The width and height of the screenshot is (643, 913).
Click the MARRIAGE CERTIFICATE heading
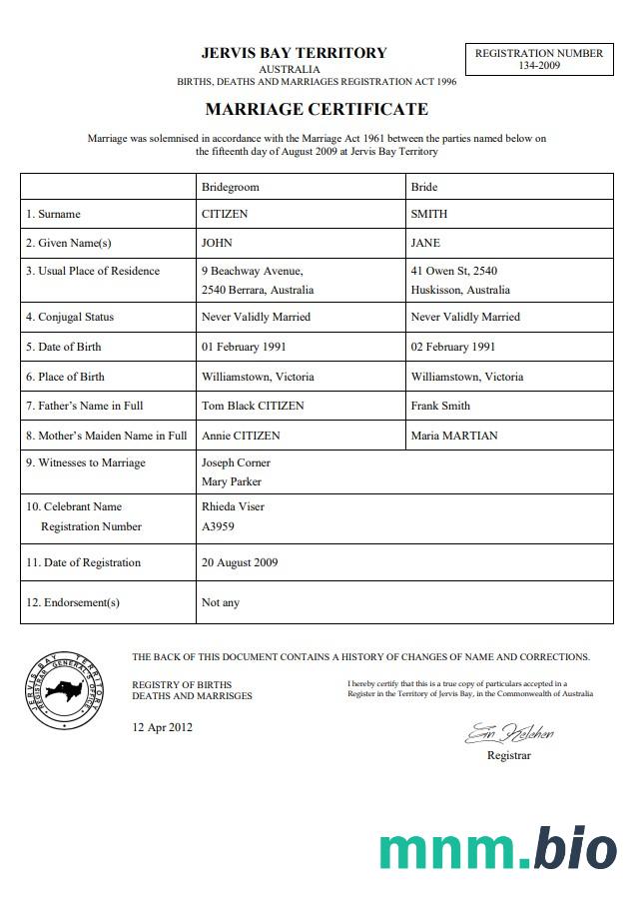(317, 109)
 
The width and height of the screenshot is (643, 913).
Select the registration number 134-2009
(538, 66)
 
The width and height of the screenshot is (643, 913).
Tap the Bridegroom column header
(231, 187)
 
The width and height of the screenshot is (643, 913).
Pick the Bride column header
(424, 187)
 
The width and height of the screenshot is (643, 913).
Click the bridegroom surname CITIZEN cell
(225, 214)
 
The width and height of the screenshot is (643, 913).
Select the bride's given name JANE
(425, 243)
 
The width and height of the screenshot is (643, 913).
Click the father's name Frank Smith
(440, 406)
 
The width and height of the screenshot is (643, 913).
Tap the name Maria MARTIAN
(454, 436)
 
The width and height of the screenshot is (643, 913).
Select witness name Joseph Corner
(236, 462)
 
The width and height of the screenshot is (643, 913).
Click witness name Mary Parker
(232, 481)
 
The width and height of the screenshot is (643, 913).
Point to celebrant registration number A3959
(219, 526)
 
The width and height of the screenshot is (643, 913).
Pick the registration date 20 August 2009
(240, 562)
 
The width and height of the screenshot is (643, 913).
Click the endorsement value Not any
(221, 602)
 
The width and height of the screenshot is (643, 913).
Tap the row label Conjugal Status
(70, 317)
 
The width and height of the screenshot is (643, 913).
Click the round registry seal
(63, 689)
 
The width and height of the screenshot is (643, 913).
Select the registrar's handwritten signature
(508, 735)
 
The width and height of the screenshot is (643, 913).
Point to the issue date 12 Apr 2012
(163, 727)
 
